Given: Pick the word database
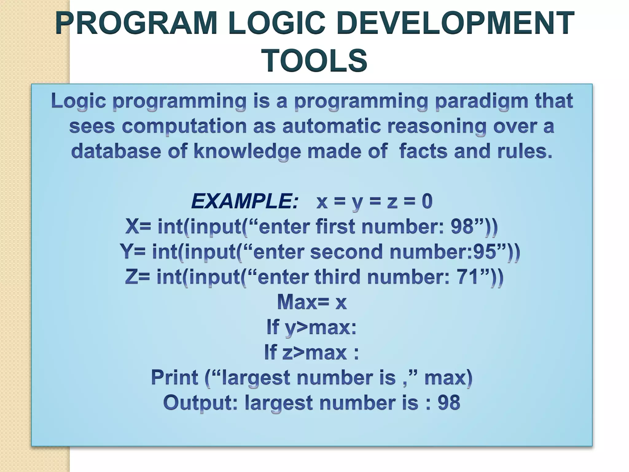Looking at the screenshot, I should pyautogui.click(x=116, y=151).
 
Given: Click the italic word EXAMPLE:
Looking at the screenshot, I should pyautogui.click(x=244, y=202).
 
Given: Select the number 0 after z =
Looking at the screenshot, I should pyautogui.click(x=427, y=201).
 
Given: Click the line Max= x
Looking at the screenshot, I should pyautogui.click(x=312, y=302).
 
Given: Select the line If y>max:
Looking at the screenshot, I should pyautogui.click(x=311, y=328).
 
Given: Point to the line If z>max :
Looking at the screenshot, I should pyautogui.click(x=311, y=352).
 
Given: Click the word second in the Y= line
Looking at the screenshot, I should pyautogui.click(x=346, y=252).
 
